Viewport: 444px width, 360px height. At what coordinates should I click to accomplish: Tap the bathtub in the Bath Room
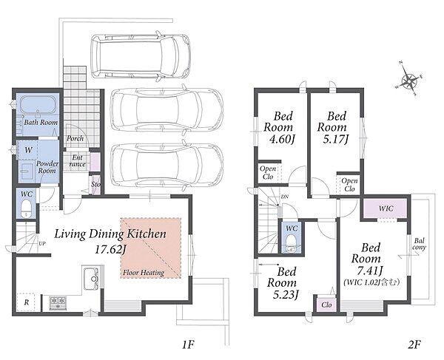pyautogui.click(x=38, y=105)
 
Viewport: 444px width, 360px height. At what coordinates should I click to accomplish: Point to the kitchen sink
pyautogui.click(x=91, y=278)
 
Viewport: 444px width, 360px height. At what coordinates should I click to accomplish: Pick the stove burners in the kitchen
pyautogui.click(x=58, y=302)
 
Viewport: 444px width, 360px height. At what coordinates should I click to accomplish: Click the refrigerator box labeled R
pyautogui.click(x=26, y=302)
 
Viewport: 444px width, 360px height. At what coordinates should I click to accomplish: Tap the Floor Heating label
pyautogui.click(x=144, y=273)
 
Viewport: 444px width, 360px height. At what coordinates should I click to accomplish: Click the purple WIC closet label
pyautogui.click(x=386, y=208)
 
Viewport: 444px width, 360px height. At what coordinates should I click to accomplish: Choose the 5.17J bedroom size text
pyautogui.click(x=336, y=139)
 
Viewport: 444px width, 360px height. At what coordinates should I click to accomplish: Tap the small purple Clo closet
pyautogui.click(x=326, y=305)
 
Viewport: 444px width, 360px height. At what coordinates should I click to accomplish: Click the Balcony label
pyautogui.click(x=420, y=244)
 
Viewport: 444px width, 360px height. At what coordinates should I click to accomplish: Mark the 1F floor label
pyautogui.click(x=188, y=344)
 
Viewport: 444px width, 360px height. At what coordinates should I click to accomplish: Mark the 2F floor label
pyautogui.click(x=414, y=344)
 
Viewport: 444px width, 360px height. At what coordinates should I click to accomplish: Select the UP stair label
pyautogui.click(x=42, y=243)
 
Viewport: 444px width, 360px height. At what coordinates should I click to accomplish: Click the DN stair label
pyautogui.click(x=285, y=197)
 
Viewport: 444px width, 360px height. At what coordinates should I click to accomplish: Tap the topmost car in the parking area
pyautogui.click(x=141, y=56)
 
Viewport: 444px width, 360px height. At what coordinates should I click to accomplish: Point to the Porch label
pyautogui.click(x=75, y=138)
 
